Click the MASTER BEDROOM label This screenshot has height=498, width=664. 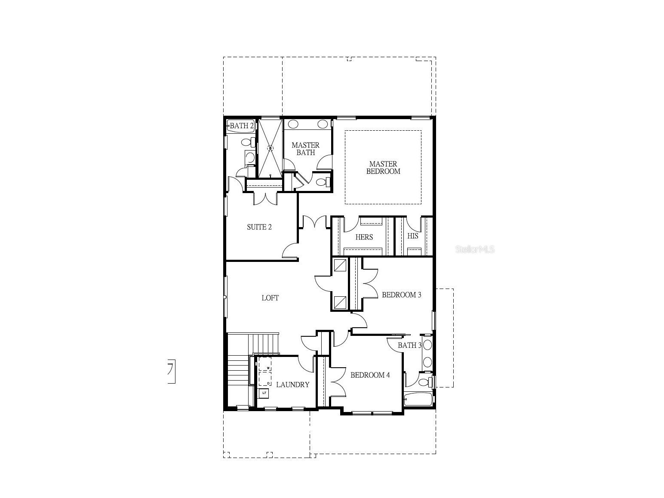coord(383,167)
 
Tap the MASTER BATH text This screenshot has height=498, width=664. coord(305,149)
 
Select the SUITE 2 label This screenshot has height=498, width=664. coord(259,227)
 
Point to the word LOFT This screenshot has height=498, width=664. coord(270,298)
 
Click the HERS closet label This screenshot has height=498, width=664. coord(364,237)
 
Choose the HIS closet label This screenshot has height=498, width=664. coord(412,236)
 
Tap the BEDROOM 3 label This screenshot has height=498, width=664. coord(401,295)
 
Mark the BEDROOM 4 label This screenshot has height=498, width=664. coord(370,375)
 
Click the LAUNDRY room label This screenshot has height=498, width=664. coord(292,384)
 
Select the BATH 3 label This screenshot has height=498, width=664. coord(409,345)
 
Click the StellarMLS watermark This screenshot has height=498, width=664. coord(475,249)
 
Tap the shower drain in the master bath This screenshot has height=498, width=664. coord(271,148)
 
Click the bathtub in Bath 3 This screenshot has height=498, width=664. coord(418,399)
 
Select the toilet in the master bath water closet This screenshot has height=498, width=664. coord(322,182)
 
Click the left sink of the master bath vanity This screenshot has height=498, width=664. coord(293,125)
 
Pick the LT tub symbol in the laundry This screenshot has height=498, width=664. coord(264,393)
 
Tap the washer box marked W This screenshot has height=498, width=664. coord(265,365)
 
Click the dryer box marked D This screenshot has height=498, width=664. coord(265,379)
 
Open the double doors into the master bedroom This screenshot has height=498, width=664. coord(314,223)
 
